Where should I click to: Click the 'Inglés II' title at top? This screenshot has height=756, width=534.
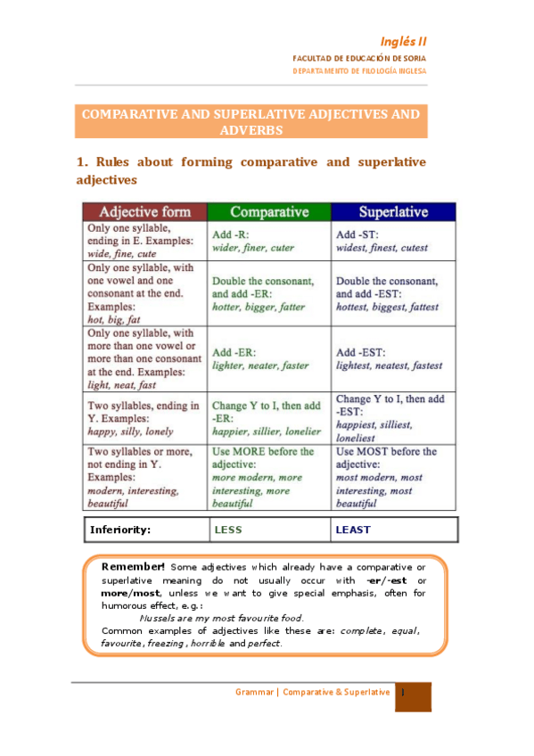[x=404, y=41]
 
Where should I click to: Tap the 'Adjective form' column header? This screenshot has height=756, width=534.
[x=144, y=212]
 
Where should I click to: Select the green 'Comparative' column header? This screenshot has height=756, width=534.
[x=269, y=212]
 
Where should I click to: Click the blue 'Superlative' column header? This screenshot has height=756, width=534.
[x=393, y=212]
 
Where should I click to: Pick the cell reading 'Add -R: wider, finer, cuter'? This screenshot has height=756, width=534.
[x=269, y=241]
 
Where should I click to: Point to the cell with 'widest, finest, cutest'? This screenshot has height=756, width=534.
[x=393, y=241]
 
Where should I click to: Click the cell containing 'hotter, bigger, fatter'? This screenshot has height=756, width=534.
[x=269, y=293]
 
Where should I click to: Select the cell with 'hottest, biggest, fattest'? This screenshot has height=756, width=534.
[x=393, y=293]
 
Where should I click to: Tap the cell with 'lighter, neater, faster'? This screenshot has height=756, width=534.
[x=269, y=358]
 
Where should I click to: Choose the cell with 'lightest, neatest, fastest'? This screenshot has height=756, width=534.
[x=393, y=358]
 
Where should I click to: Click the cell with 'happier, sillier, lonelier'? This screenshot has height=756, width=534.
[x=269, y=417]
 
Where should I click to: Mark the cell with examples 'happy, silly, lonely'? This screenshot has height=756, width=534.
[x=144, y=417]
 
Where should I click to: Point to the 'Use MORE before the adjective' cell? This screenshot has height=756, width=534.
[x=269, y=477]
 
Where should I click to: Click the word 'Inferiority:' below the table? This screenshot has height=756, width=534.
[x=120, y=530]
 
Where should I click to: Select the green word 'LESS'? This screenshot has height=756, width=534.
[x=228, y=530]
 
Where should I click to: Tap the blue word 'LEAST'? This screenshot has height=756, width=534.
[x=353, y=530]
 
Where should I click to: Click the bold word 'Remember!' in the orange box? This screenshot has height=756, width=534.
[x=133, y=567]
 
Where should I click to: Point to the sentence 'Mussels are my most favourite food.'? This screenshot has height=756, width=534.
[x=222, y=618]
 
